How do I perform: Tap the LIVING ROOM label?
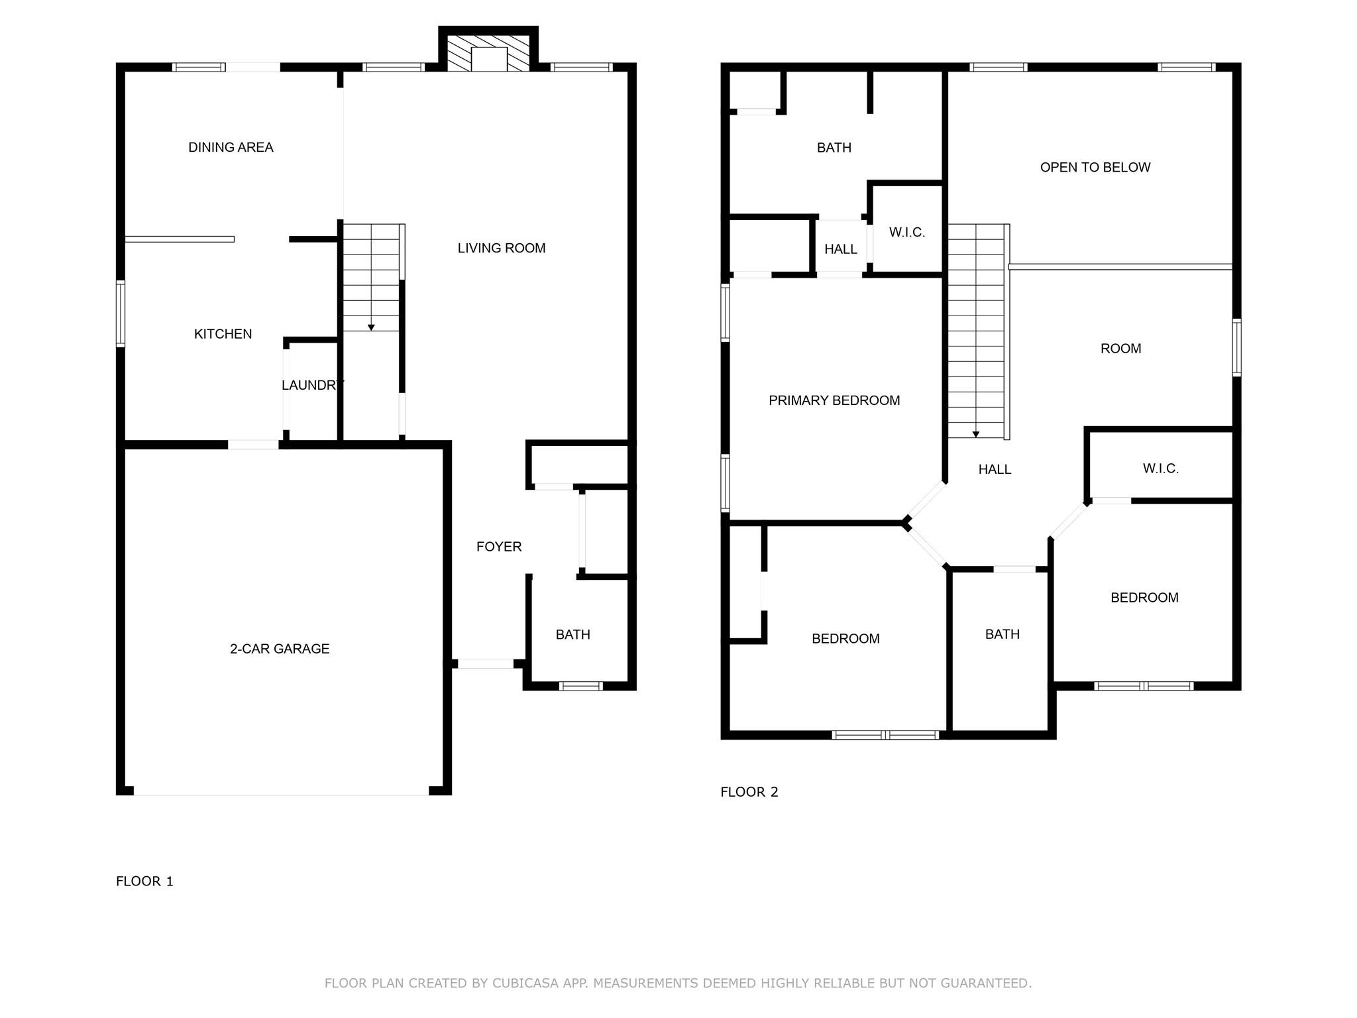click(502, 248)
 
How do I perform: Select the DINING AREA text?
click(231, 147)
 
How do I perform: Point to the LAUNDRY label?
click(312, 385)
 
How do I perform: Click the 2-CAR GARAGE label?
click(280, 649)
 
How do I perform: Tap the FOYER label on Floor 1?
click(499, 547)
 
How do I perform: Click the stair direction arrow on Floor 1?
click(371, 327)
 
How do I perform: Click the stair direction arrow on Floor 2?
click(975, 434)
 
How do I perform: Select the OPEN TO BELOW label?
click(1095, 168)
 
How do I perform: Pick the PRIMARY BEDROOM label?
click(834, 400)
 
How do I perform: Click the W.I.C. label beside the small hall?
click(906, 233)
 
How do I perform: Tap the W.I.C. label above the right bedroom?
click(1160, 469)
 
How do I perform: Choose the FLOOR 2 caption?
click(749, 792)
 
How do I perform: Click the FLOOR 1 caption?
click(144, 881)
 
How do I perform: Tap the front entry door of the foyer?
click(486, 663)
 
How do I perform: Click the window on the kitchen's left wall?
click(121, 314)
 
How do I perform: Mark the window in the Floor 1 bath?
click(580, 686)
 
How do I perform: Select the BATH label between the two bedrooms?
click(1002, 634)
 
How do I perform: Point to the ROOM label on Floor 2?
click(1120, 349)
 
